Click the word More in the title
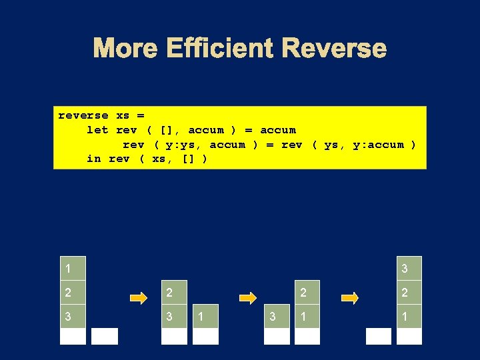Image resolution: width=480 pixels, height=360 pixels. (x=126, y=48)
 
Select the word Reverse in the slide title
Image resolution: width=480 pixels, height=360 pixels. (x=333, y=48)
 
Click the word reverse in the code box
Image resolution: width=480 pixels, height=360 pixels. (x=83, y=115)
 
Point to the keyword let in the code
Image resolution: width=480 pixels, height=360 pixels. (x=97, y=130)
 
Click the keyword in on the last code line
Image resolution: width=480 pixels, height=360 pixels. (x=94, y=159)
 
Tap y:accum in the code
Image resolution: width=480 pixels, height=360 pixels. (x=379, y=145)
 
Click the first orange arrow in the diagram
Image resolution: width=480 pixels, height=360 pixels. (x=139, y=298)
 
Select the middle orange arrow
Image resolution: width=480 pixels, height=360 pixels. (x=248, y=298)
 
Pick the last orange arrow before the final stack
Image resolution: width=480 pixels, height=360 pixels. (x=350, y=298)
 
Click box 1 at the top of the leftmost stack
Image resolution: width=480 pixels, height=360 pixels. (x=73, y=269)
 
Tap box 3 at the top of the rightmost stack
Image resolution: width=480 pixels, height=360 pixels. (x=409, y=269)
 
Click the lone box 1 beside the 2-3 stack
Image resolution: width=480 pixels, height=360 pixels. (x=206, y=317)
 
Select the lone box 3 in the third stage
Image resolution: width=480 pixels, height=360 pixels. (x=277, y=317)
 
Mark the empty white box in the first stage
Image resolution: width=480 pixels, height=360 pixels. (x=105, y=336)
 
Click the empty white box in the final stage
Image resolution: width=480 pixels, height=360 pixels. (x=379, y=336)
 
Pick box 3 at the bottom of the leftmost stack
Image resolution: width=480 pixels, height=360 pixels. (x=73, y=317)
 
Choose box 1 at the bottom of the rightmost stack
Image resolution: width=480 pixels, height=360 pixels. (x=409, y=317)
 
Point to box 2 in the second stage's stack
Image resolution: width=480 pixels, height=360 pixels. (x=175, y=293)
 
